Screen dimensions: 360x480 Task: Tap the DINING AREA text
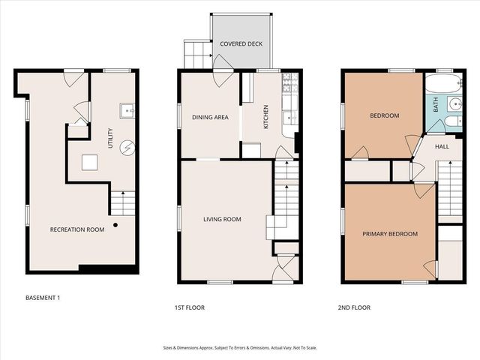(x=210, y=117)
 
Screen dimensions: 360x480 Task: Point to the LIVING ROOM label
(x=222, y=220)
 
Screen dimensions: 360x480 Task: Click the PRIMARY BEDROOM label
(x=389, y=234)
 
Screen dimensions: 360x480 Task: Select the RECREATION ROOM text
(x=77, y=229)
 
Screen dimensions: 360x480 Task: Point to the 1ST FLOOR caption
(x=189, y=307)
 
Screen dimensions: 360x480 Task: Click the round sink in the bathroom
(x=456, y=103)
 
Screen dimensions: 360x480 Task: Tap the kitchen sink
(x=289, y=117)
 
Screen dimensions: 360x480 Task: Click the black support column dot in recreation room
(x=115, y=224)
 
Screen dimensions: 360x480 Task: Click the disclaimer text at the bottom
(x=239, y=347)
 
